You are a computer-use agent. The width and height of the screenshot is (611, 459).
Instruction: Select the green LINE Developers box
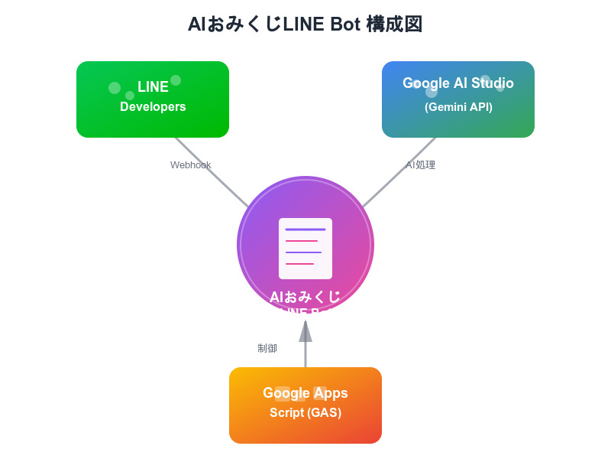pyautogui.click(x=153, y=99)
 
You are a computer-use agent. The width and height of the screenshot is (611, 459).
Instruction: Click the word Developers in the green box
pyautogui.click(x=153, y=107)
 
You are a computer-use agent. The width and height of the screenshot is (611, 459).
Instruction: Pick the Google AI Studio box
pyautogui.click(x=458, y=99)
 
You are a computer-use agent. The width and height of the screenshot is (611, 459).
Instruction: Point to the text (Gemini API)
pyautogui.click(x=458, y=107)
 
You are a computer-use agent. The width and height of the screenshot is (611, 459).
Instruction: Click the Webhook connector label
pyautogui.click(x=190, y=165)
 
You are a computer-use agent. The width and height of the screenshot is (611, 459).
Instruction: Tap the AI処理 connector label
pyautogui.click(x=420, y=165)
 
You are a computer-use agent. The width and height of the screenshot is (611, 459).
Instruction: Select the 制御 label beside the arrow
pyautogui.click(x=267, y=349)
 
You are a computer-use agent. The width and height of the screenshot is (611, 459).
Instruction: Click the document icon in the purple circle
pyautogui.click(x=305, y=249)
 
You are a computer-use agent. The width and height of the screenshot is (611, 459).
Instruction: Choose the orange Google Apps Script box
pyautogui.click(x=305, y=405)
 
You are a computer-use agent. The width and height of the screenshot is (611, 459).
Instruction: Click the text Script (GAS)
pyautogui.click(x=305, y=413)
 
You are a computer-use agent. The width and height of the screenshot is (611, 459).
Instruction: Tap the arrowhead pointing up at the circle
pyautogui.click(x=305, y=331)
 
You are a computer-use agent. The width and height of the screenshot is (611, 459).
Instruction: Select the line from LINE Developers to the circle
pyautogui.click(x=212, y=172)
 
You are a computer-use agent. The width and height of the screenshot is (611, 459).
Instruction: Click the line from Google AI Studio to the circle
pyautogui.click(x=399, y=172)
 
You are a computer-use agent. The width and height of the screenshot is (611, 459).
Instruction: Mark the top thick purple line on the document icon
pyautogui.click(x=305, y=229)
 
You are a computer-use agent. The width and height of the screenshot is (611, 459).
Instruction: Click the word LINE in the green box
pyautogui.click(x=153, y=87)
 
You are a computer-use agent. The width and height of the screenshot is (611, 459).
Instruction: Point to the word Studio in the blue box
pyautogui.click(x=493, y=83)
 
